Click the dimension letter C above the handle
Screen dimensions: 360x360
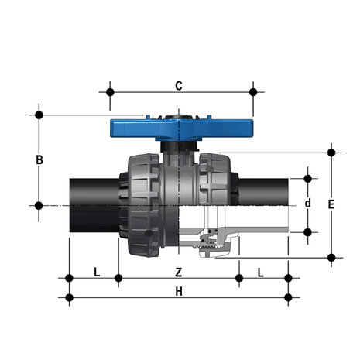click(179, 86)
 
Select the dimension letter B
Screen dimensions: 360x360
click(39, 160)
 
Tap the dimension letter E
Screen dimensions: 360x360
click(331, 204)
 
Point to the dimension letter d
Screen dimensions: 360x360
click(307, 204)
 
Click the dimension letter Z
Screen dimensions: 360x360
click(179, 273)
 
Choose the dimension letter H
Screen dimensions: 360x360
click(179, 292)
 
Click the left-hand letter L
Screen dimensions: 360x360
click(97, 273)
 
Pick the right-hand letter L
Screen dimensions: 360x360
click(261, 273)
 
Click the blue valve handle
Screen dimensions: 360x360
click(181, 129)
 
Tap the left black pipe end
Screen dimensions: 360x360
click(94, 205)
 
